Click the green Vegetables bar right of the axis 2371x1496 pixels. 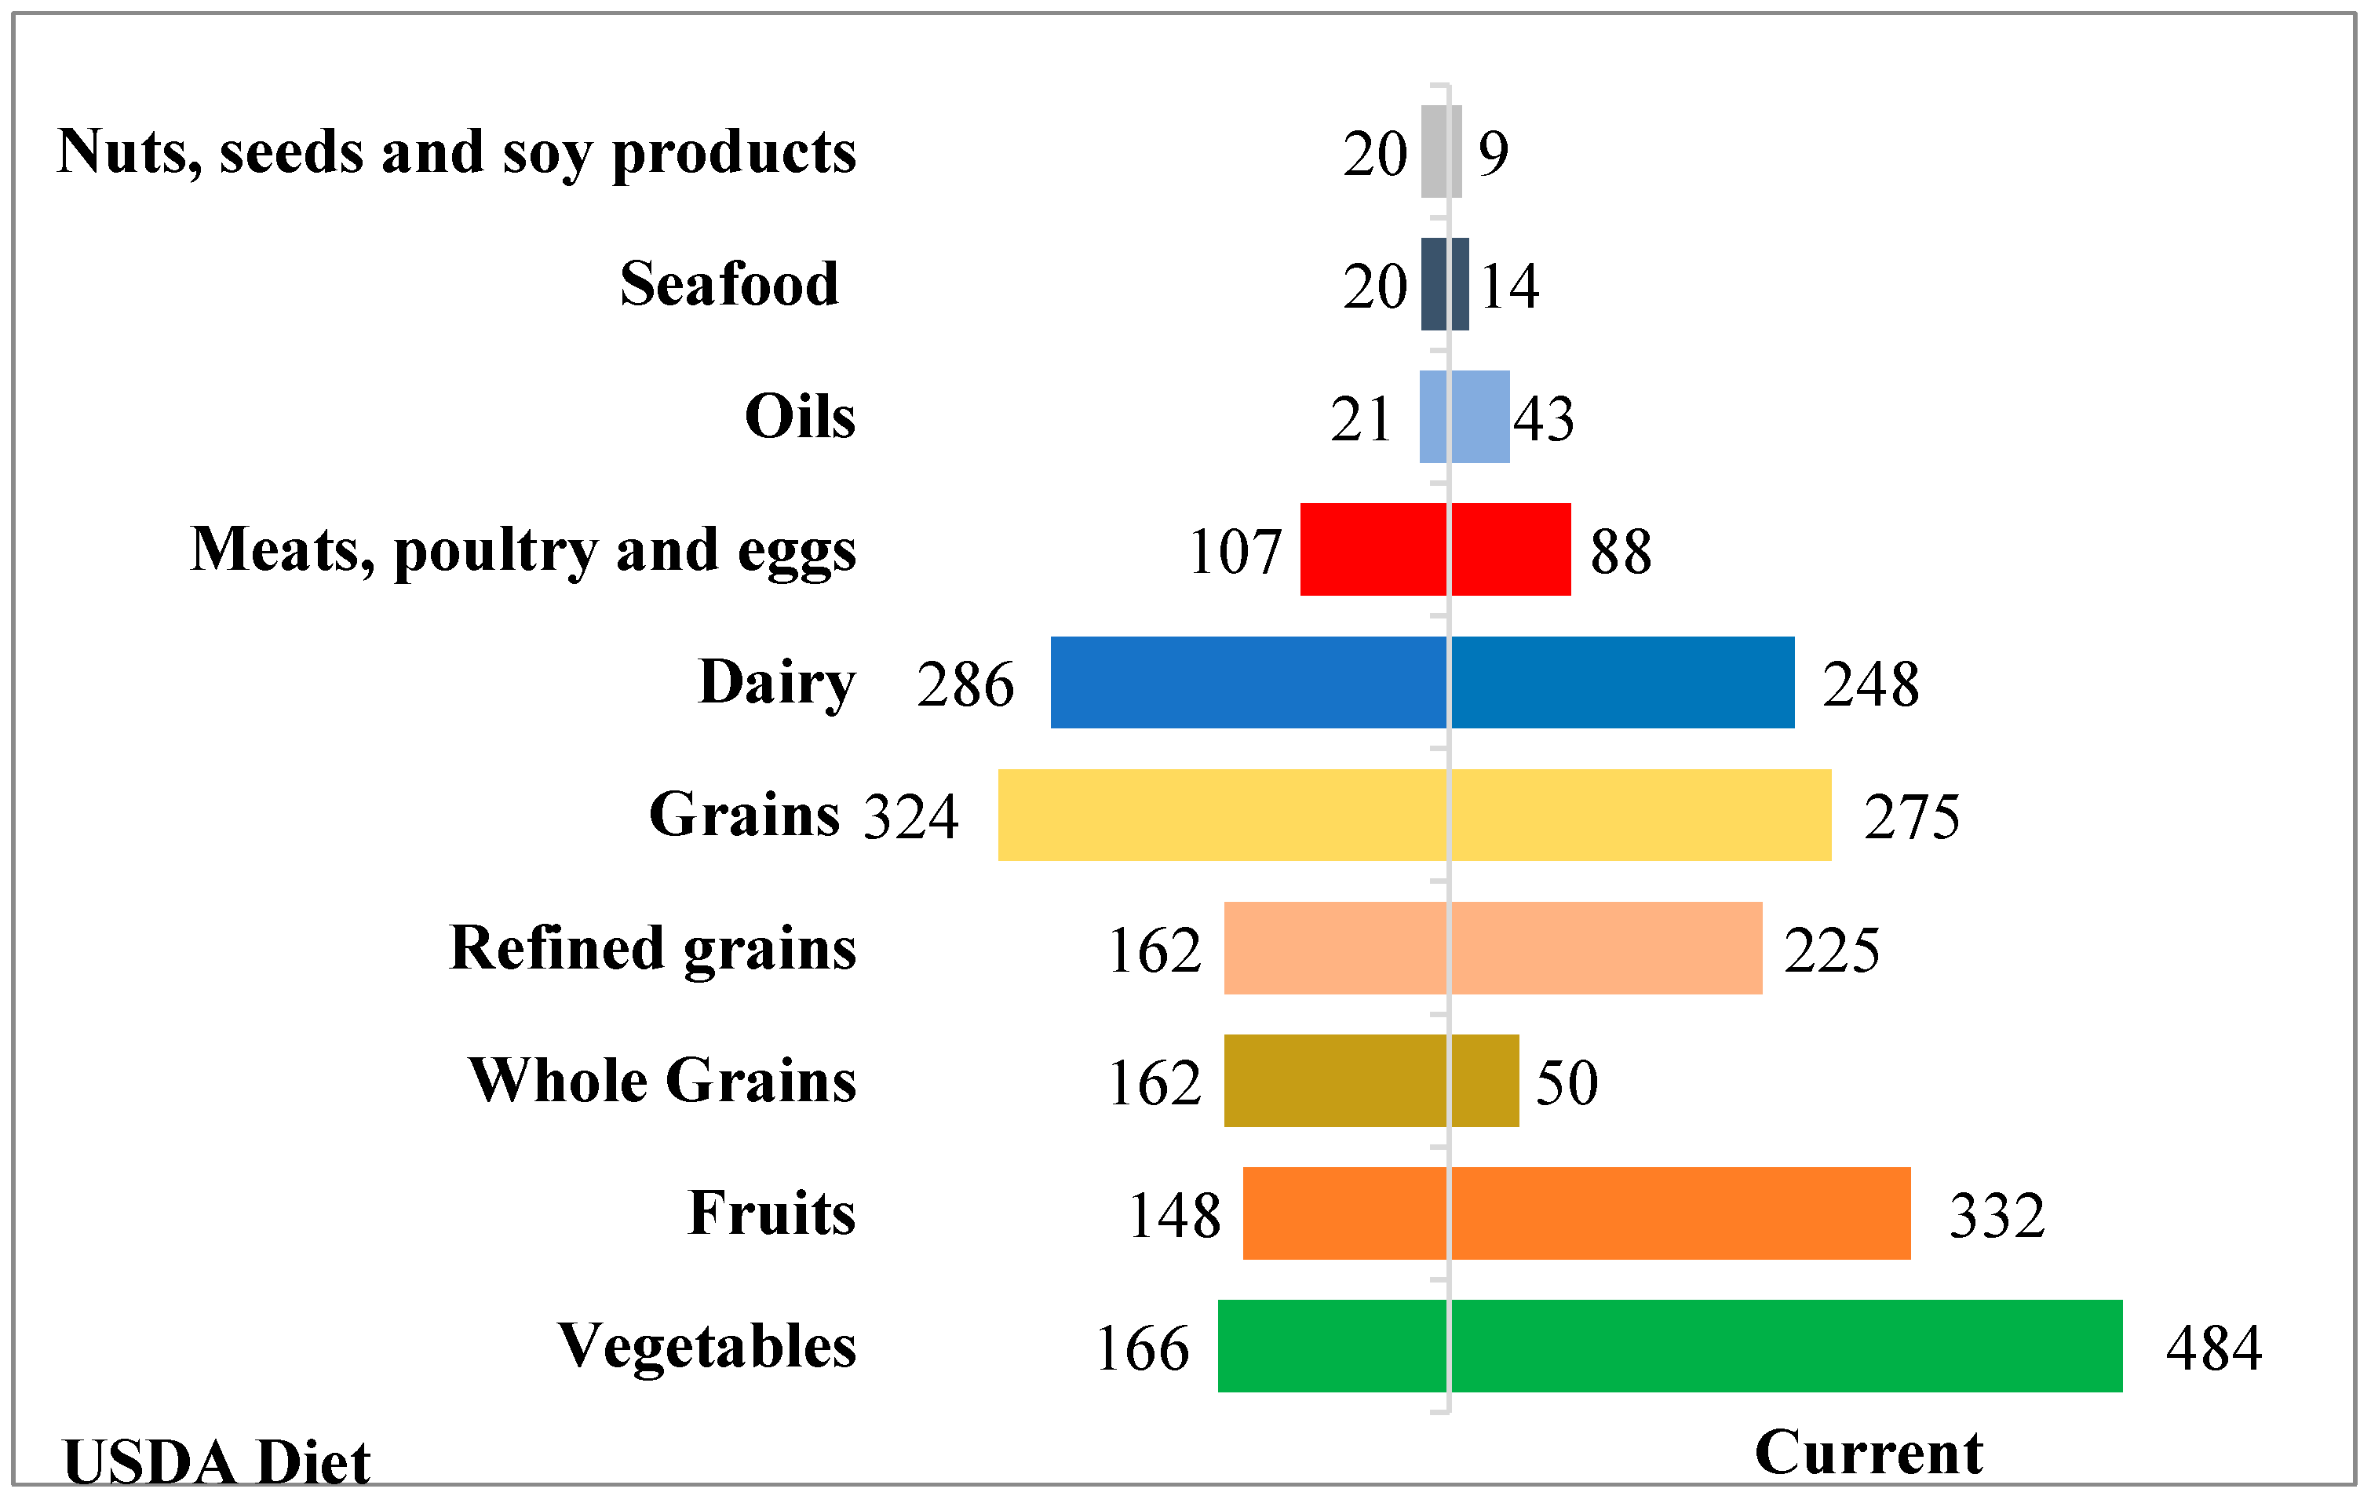pos(1786,1345)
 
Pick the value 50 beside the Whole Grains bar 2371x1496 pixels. pos(1566,1082)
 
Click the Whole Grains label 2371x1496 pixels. pos(662,1080)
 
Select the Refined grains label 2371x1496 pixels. pos(652,947)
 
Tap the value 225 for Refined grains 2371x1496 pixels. pos(1830,951)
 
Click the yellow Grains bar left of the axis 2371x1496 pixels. pos(1222,815)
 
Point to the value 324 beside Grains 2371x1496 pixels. pos(910,816)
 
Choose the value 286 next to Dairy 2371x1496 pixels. pos(965,684)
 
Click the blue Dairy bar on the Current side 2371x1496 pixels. pos(1621,683)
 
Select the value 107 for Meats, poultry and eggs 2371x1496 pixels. pos(1235,552)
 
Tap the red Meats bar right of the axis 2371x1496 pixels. pos(1511,549)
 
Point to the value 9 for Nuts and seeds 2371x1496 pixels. pos(1493,154)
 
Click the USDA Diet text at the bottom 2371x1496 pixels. pos(217,1461)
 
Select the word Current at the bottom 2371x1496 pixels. pos(1868,1453)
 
